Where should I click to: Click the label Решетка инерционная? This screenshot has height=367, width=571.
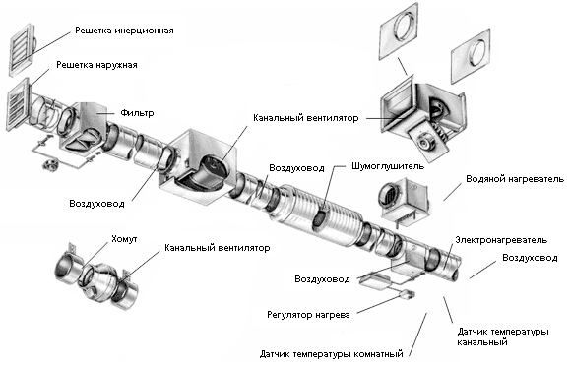(124, 31)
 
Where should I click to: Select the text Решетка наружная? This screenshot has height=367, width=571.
(96, 65)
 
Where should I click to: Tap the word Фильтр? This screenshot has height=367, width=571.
(137, 113)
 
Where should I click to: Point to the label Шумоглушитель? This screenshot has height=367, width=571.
(388, 166)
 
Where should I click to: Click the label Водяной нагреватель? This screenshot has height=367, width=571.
(515, 179)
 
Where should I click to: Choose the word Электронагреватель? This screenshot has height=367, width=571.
(501, 240)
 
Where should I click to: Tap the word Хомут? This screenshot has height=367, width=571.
(124, 239)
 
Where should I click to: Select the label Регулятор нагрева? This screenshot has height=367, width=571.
(308, 315)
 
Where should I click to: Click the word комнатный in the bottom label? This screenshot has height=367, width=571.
(378, 354)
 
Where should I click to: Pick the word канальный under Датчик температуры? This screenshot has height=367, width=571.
(482, 342)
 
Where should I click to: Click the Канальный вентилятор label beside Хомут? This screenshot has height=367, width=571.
(218, 248)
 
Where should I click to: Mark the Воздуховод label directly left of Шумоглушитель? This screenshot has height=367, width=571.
(296, 168)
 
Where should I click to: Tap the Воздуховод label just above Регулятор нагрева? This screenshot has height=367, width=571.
(322, 279)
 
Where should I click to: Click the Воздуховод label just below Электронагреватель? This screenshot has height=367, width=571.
(530, 258)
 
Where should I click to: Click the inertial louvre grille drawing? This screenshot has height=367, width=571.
(22, 49)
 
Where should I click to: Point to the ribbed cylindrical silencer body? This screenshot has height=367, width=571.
(317, 214)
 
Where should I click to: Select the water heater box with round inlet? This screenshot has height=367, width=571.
(404, 200)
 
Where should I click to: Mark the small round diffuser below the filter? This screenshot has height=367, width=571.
(51, 165)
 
